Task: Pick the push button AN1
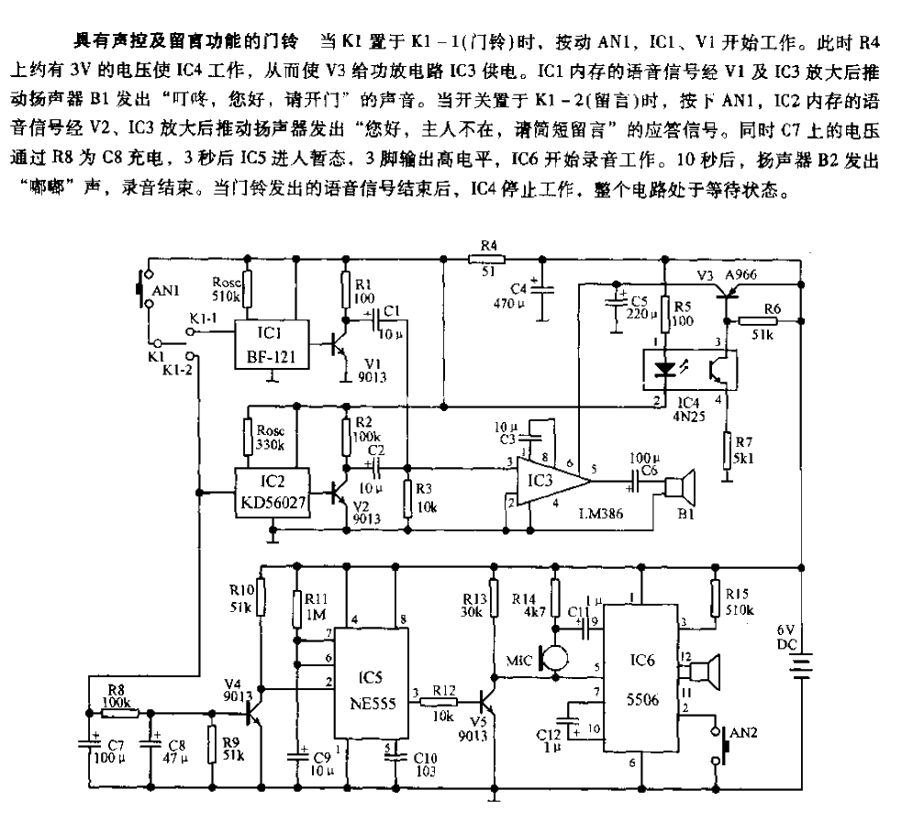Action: point(140,289)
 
